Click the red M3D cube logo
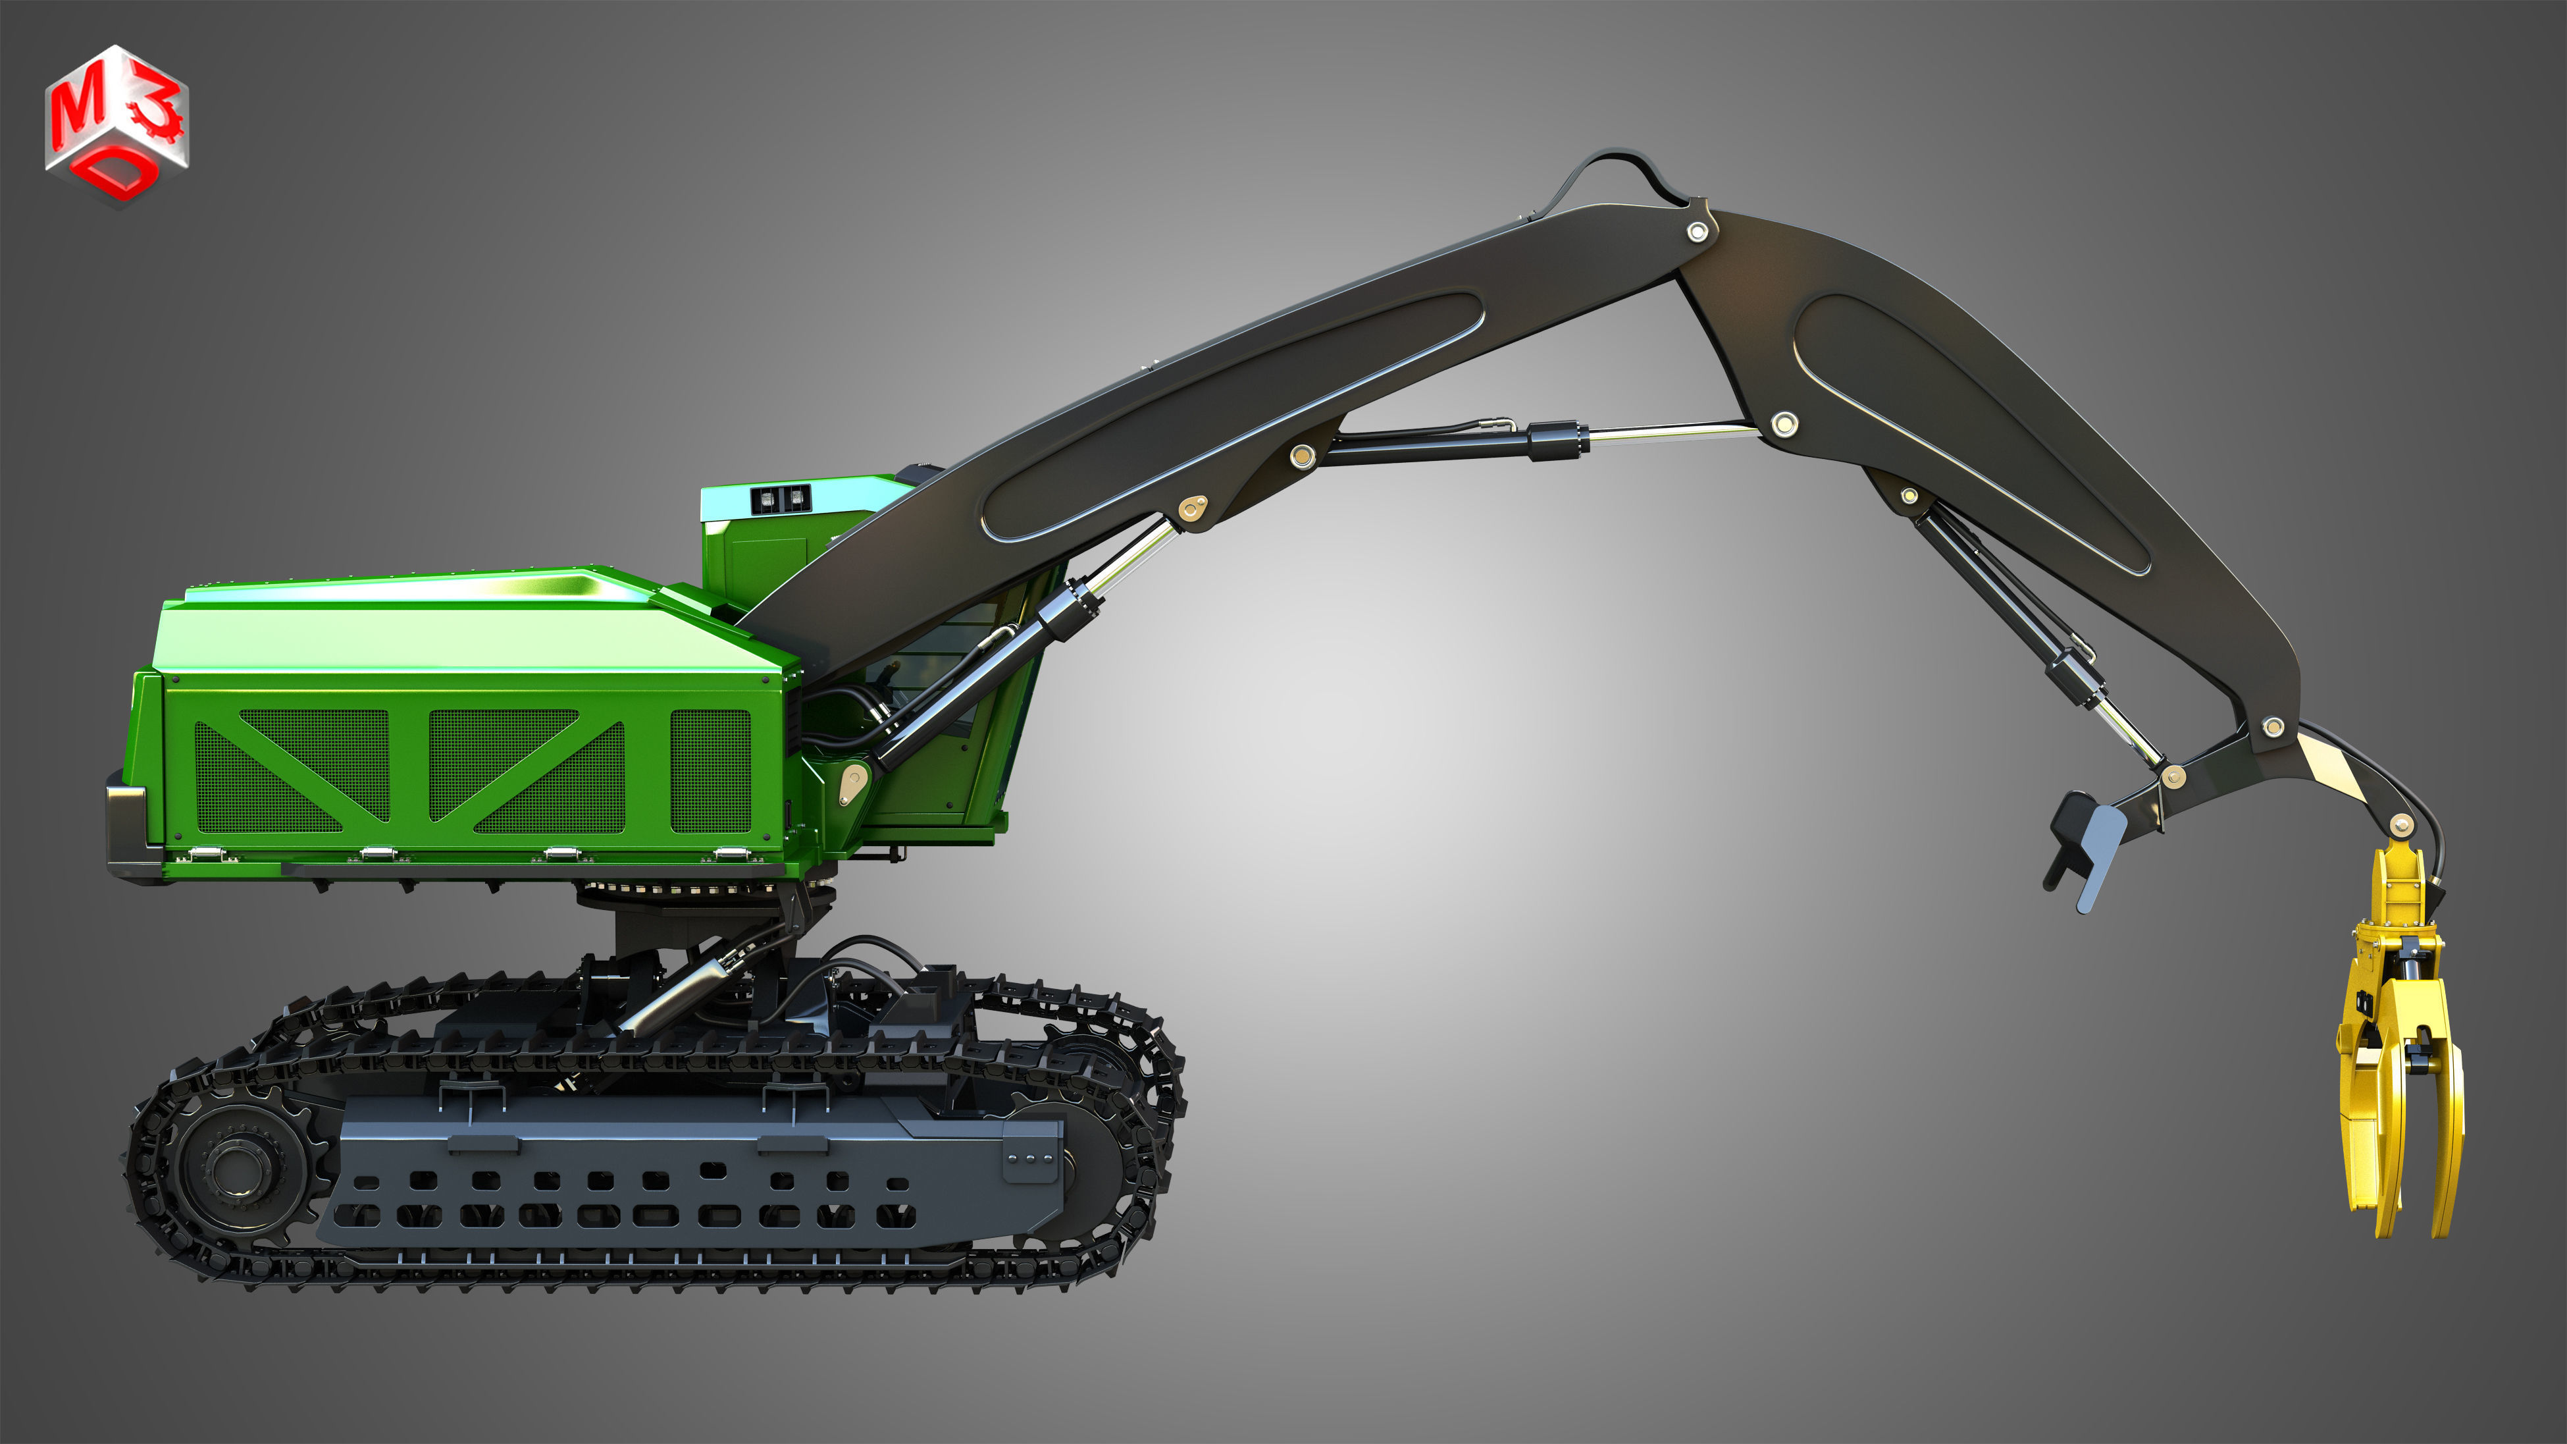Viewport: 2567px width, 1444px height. (117, 124)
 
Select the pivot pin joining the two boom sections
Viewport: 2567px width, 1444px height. (1697, 232)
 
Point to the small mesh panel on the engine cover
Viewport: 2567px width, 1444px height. (710, 770)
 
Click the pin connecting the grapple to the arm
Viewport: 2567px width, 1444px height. (2402, 824)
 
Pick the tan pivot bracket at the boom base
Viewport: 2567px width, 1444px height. (852, 782)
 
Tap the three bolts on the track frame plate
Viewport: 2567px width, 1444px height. (1030, 1159)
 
